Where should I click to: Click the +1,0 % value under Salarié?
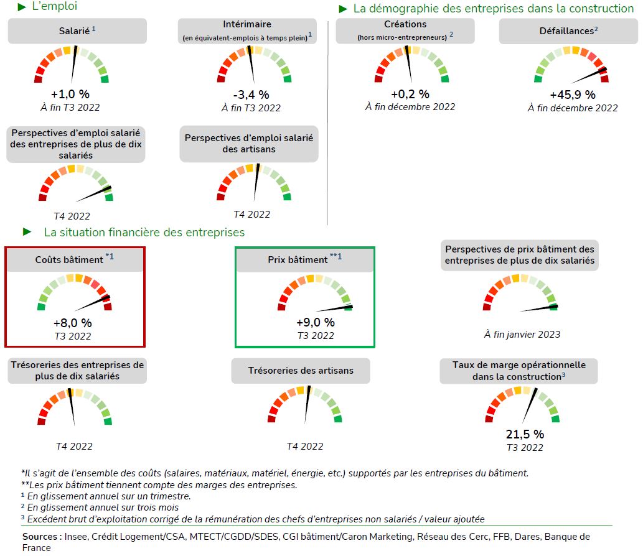click(70, 94)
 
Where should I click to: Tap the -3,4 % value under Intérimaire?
click(251, 95)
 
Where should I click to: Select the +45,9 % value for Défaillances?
click(572, 95)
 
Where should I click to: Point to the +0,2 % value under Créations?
click(410, 94)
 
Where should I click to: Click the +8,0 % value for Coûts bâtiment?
click(72, 323)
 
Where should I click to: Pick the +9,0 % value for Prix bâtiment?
click(315, 322)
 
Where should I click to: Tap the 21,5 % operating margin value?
click(524, 434)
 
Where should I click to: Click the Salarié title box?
click(77, 31)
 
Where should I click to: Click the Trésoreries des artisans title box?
click(301, 371)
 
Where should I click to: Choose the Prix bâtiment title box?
click(304, 259)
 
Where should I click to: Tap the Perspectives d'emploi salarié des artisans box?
click(249, 143)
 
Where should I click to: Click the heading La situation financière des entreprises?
click(144, 232)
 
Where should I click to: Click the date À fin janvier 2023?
click(522, 334)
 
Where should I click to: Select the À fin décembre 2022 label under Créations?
click(410, 106)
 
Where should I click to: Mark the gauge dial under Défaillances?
click(571, 65)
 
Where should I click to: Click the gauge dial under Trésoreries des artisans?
click(305, 405)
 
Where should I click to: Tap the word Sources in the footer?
click(40, 536)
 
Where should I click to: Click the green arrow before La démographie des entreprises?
click(343, 9)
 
